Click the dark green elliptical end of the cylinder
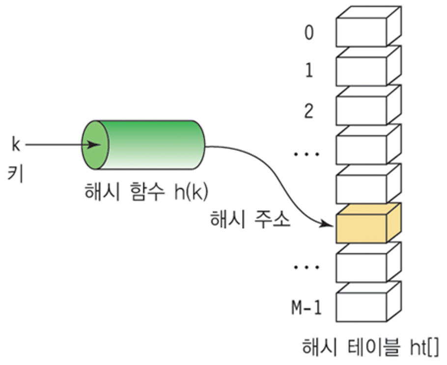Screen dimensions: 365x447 point(94,145)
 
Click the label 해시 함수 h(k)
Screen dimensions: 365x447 point(146,191)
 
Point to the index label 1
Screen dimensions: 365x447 point(308,72)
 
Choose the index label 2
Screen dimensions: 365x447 point(308,111)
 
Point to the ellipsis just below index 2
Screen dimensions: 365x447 point(307,154)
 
